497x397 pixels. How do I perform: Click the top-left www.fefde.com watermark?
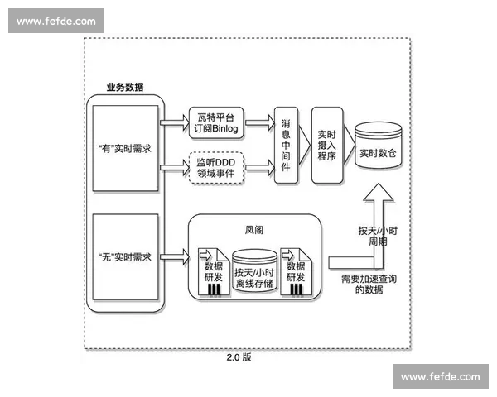coord(56,21)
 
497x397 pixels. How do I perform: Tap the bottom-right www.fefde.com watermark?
coord(440,376)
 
